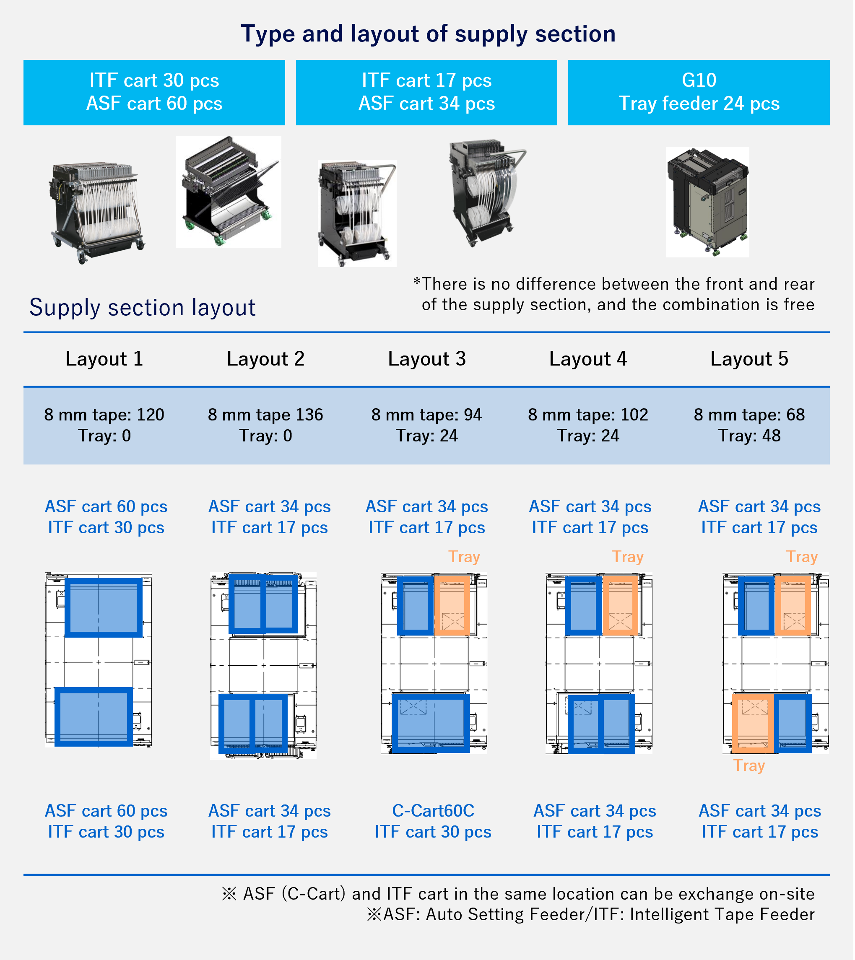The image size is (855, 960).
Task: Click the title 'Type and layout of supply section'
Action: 428,34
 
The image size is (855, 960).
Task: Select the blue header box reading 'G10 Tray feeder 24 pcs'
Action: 699,92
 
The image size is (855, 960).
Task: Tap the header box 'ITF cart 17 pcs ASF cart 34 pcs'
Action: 426,92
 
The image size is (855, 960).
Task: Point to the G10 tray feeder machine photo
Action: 707,202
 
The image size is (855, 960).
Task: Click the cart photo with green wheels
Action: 228,192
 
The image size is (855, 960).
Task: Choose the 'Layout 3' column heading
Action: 426,359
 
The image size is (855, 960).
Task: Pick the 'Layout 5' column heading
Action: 749,359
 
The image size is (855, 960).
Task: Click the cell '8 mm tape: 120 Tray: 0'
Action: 104,425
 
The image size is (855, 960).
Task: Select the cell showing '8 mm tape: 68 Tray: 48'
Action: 749,425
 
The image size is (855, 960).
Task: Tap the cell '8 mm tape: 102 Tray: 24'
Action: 588,425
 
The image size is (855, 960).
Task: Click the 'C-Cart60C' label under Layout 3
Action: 433,811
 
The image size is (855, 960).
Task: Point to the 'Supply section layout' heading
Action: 142,308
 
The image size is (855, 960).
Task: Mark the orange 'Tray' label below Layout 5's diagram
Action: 749,765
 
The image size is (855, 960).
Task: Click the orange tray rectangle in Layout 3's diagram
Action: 452,606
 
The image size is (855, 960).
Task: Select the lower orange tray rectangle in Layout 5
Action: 753,722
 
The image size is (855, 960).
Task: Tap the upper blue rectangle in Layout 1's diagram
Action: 103,607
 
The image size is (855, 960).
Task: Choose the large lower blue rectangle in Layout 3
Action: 430,722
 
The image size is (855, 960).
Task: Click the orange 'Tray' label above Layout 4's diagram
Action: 627,557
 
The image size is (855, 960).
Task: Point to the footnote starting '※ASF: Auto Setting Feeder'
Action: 590,914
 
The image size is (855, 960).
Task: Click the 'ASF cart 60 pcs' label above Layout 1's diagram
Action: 106,506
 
